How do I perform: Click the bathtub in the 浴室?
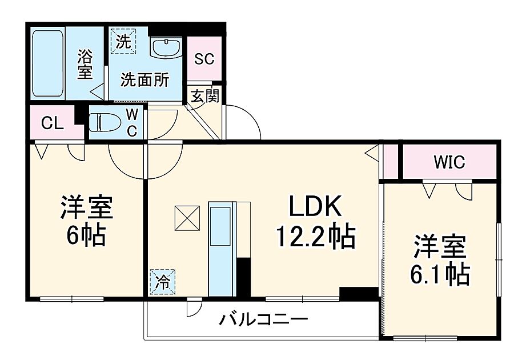tap(47, 63)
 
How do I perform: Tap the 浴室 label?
tap(85, 65)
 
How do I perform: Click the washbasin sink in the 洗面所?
tap(166, 46)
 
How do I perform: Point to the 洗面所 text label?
tap(144, 80)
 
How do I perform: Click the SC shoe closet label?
tap(204, 59)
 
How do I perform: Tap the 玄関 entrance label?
tap(204, 96)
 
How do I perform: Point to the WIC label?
tap(449, 162)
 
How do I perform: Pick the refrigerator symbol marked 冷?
tap(163, 281)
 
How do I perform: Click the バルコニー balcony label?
tap(264, 319)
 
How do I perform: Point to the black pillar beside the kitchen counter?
tap(243, 277)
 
